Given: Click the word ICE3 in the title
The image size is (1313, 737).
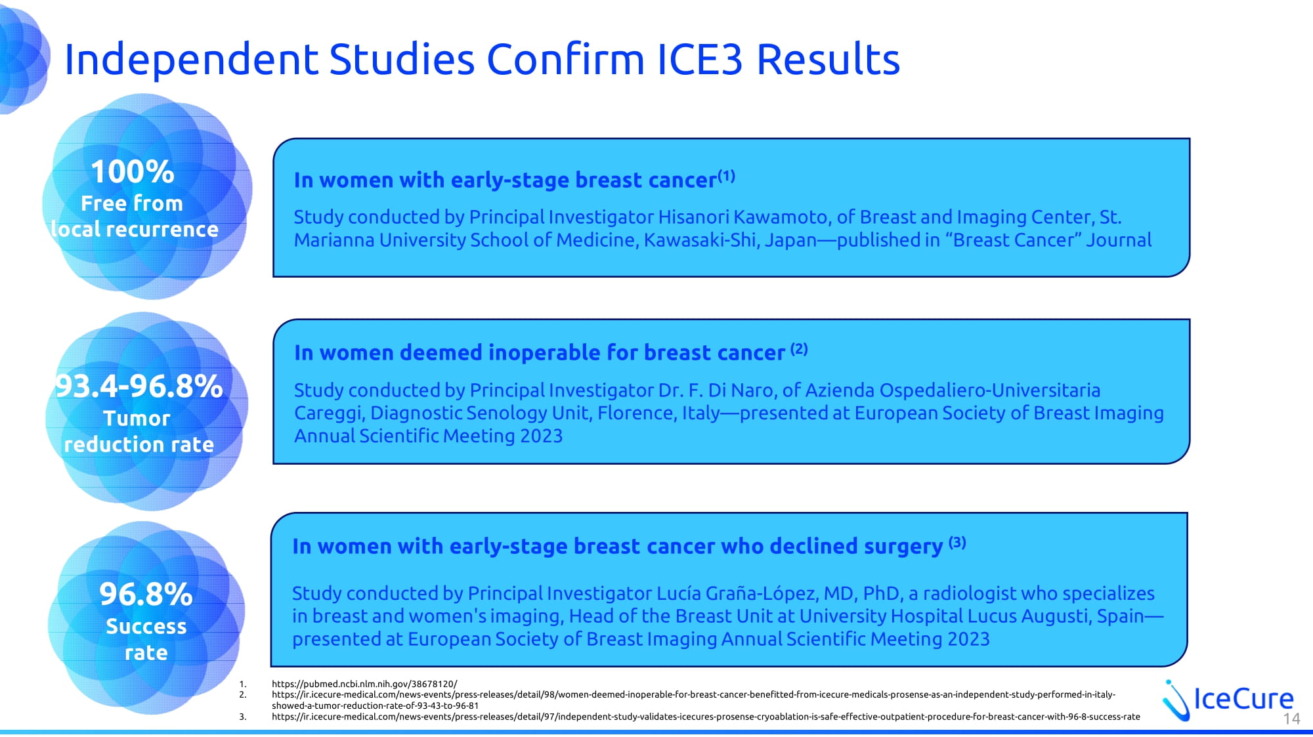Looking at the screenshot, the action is point(700,59).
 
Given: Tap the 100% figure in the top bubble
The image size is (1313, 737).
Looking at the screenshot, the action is point(133,172).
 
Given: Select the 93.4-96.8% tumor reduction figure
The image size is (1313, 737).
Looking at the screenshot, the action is point(139,386).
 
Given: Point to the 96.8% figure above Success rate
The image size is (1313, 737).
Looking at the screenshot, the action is point(146,594).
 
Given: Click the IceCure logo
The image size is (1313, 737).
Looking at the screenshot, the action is point(1228,700).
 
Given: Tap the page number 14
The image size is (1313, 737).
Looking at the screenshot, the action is point(1291,719).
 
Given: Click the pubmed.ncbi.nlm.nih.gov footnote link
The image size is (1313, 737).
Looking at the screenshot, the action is point(364,684).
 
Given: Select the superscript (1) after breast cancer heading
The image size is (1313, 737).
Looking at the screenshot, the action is point(726,176).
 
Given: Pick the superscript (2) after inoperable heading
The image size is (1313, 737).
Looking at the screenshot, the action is point(799,348).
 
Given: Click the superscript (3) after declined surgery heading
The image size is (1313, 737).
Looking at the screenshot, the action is point(957,542).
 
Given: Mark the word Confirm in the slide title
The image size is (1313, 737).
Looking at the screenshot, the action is point(566,59).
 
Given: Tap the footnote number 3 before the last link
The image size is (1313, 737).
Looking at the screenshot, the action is point(242,717).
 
